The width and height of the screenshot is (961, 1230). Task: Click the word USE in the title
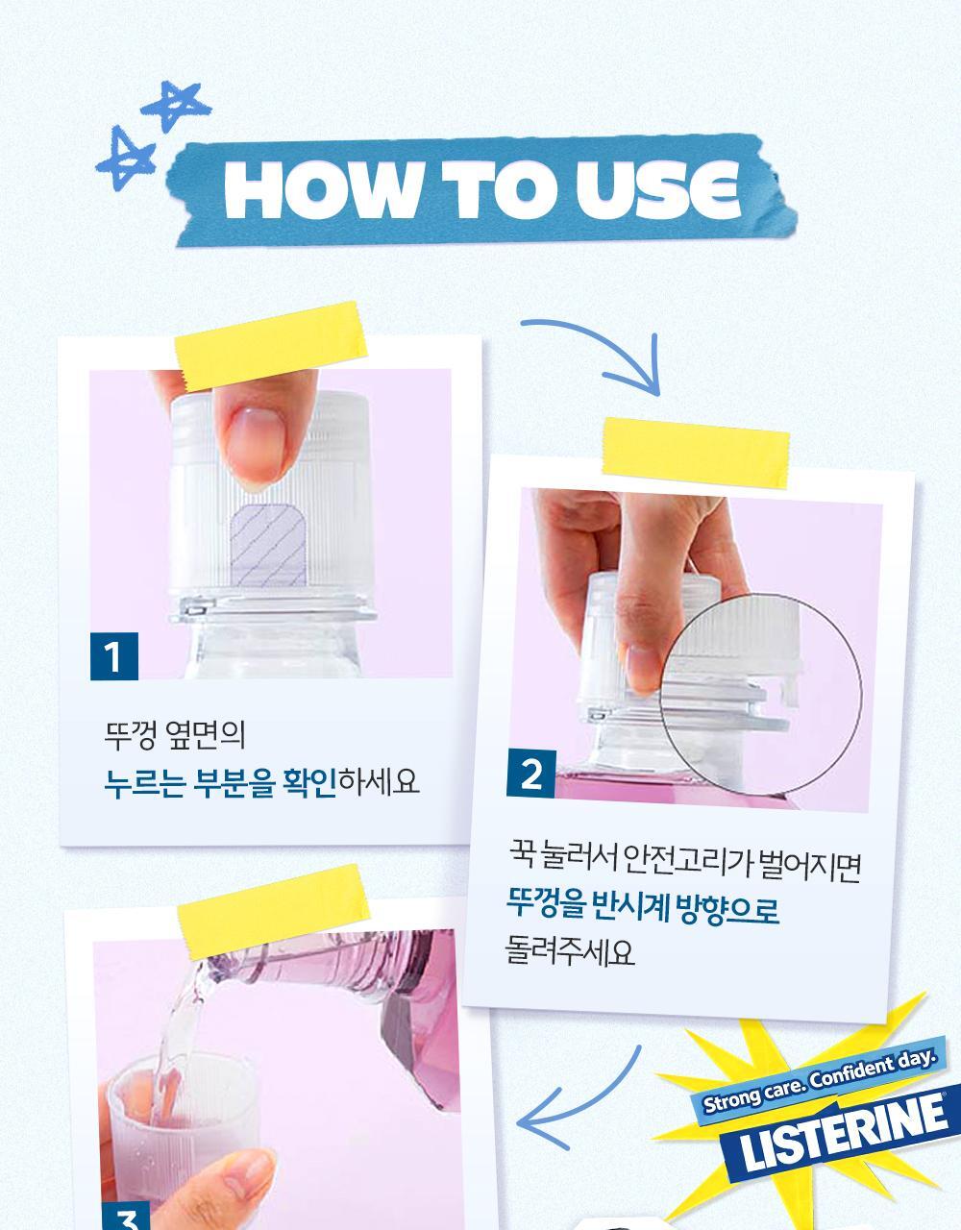[656, 189]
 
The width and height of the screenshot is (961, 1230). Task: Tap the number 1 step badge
[114, 656]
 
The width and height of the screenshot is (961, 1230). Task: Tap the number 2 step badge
[530, 774]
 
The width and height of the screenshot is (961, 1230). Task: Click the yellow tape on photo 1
[271, 346]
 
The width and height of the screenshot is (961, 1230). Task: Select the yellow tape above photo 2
[696, 453]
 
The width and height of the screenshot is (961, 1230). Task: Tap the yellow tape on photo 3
[273, 911]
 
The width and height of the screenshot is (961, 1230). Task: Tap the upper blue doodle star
[176, 106]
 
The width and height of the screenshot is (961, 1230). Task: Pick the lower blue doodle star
[126, 159]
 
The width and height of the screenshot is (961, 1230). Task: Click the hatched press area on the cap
[268, 545]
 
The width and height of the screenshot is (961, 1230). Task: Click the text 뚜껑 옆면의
[175, 736]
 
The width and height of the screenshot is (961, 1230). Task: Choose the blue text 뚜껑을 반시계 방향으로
[643, 907]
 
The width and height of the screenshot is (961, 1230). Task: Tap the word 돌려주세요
[569, 952]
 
